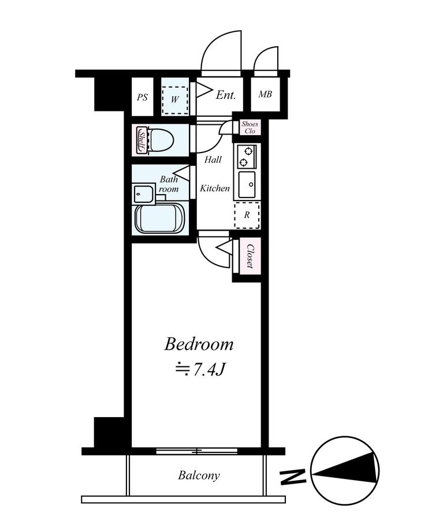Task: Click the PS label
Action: click(x=143, y=98)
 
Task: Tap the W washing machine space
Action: click(x=174, y=99)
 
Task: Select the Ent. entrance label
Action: click(x=226, y=95)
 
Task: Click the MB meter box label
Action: click(x=265, y=94)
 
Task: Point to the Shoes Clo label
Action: click(x=250, y=127)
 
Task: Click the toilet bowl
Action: click(x=161, y=140)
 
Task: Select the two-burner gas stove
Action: click(x=247, y=157)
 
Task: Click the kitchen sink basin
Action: click(x=247, y=184)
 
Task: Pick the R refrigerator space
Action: click(x=247, y=216)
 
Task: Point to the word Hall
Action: click(x=213, y=159)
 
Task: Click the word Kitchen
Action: click(x=214, y=188)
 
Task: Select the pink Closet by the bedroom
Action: click(x=250, y=257)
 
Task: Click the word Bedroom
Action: click(x=199, y=345)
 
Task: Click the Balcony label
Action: click(x=199, y=476)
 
